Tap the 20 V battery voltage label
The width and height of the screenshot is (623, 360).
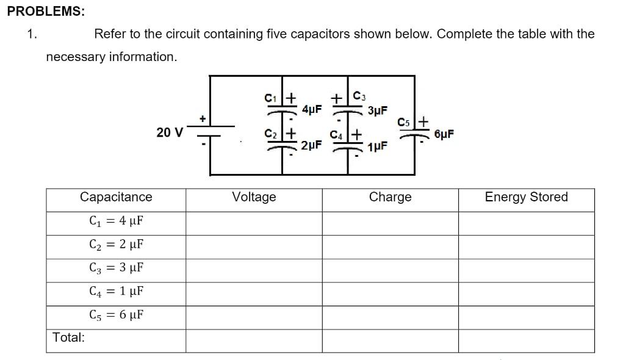pyautogui.click(x=169, y=132)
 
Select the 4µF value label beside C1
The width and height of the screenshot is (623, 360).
pyautogui.click(x=312, y=110)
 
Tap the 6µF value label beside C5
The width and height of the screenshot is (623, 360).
pyautogui.click(x=444, y=134)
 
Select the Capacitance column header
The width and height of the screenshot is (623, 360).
pyautogui.click(x=116, y=197)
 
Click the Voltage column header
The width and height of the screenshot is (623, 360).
pyautogui.click(x=254, y=197)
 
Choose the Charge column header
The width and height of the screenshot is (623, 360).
pyautogui.click(x=390, y=197)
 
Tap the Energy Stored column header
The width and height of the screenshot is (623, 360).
pyautogui.click(x=526, y=197)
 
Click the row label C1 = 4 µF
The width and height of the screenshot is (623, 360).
pyautogui.click(x=116, y=221)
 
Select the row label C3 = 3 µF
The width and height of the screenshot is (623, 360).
pyautogui.click(x=116, y=268)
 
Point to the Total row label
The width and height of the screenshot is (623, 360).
pyautogui.click(x=68, y=337)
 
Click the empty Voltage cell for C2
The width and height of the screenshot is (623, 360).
pyautogui.click(x=254, y=245)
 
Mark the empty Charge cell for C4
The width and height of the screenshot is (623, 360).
pyautogui.click(x=390, y=292)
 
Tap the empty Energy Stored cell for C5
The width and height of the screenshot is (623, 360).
pyautogui.click(x=526, y=315)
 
